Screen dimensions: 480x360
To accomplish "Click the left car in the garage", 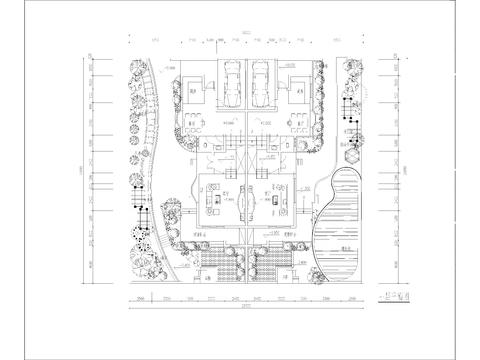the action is (231, 86).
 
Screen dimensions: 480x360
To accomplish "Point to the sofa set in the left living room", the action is (214, 201).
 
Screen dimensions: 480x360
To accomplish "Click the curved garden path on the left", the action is (150, 150).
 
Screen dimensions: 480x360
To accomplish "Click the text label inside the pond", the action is (344, 247).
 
